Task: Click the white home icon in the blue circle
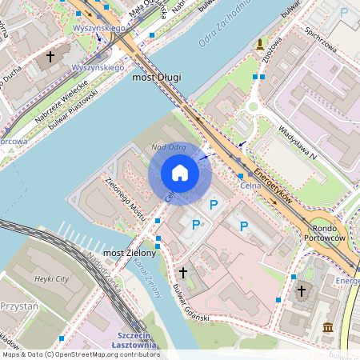tap(180, 173)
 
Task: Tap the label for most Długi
tap(157, 77)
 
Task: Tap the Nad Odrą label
tap(169, 147)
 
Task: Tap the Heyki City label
tap(53, 278)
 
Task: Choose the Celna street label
tap(251, 186)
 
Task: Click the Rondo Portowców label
tap(324, 232)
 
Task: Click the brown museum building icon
tap(329, 326)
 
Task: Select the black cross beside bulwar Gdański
tap(182, 272)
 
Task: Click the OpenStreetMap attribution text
tap(80, 354)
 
